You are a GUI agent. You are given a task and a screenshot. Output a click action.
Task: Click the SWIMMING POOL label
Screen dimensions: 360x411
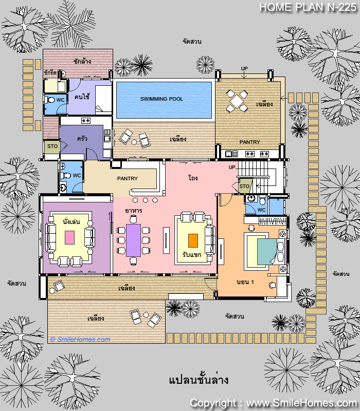tap(161, 99)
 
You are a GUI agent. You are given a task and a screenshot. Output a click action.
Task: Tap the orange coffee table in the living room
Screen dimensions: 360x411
tap(193, 240)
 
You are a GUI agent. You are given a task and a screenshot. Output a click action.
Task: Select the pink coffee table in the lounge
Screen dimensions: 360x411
tap(69, 237)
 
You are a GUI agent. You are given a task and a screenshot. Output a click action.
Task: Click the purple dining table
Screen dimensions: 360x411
tap(133, 240)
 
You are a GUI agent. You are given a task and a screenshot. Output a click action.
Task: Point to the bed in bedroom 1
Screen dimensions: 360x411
tap(264, 251)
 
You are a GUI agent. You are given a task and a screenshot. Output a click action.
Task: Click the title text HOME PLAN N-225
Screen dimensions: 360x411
tap(308, 7)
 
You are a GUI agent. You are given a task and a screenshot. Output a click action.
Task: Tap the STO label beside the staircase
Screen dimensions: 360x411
tap(244, 186)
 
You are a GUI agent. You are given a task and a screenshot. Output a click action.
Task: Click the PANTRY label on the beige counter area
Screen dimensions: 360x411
tap(127, 178)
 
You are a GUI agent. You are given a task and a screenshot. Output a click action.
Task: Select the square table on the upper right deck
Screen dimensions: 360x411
tap(237, 101)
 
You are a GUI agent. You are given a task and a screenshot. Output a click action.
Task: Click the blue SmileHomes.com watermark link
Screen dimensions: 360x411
tap(80, 340)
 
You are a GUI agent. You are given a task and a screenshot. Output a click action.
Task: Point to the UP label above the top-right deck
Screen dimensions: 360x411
tap(244, 69)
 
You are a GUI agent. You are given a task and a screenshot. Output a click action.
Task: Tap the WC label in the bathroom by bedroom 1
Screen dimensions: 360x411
tap(261, 210)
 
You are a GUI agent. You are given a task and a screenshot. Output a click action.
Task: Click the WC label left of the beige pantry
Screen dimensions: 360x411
tap(77, 175)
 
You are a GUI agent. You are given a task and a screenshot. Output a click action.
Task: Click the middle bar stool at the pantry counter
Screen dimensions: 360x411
tap(145, 200)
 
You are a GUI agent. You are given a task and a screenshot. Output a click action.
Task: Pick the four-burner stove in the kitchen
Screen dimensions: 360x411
tap(86, 121)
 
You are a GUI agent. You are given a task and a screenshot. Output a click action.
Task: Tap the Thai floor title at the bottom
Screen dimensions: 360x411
tap(199, 380)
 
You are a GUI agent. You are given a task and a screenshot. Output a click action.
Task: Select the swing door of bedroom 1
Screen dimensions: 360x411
tap(225, 200)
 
